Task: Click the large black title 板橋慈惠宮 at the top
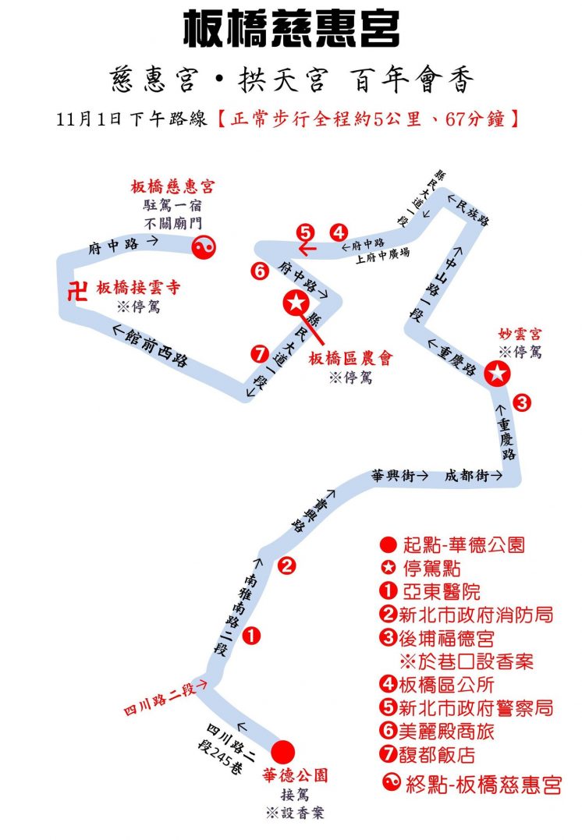(x=291, y=28)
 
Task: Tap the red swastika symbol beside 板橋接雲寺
(x=78, y=291)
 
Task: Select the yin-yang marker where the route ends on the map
(x=204, y=247)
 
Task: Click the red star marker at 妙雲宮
(x=497, y=374)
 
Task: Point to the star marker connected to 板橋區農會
(x=296, y=303)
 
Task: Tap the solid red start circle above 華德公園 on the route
(x=283, y=752)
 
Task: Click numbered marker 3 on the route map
(x=522, y=402)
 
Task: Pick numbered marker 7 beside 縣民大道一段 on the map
(x=260, y=353)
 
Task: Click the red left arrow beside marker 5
(x=308, y=249)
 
